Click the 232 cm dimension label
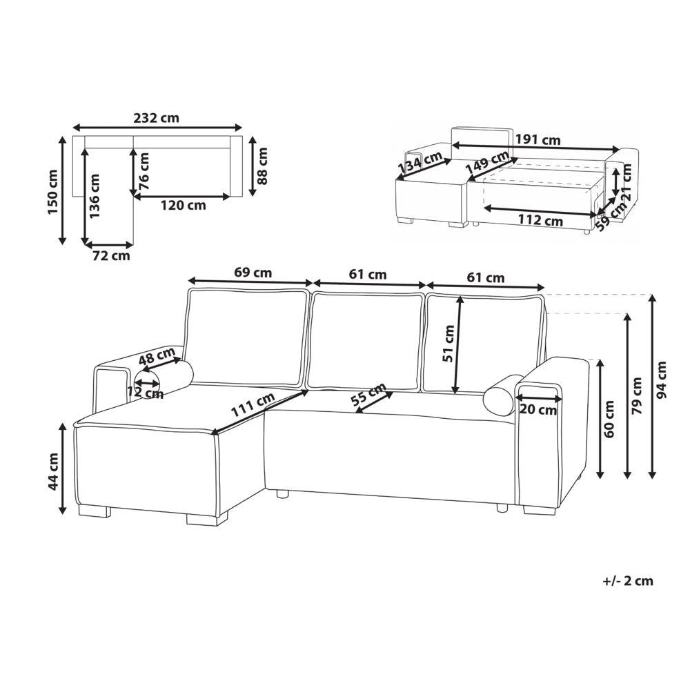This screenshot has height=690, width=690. click(156, 118)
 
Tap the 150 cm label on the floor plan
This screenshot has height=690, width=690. click(53, 192)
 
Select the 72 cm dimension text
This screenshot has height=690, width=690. click(111, 255)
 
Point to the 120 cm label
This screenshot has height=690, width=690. click(183, 205)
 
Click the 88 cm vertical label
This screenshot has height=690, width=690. click(262, 166)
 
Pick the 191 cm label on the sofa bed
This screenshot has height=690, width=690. click(538, 139)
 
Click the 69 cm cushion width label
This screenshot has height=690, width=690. click(253, 273)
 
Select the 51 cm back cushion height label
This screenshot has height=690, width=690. click(448, 343)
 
